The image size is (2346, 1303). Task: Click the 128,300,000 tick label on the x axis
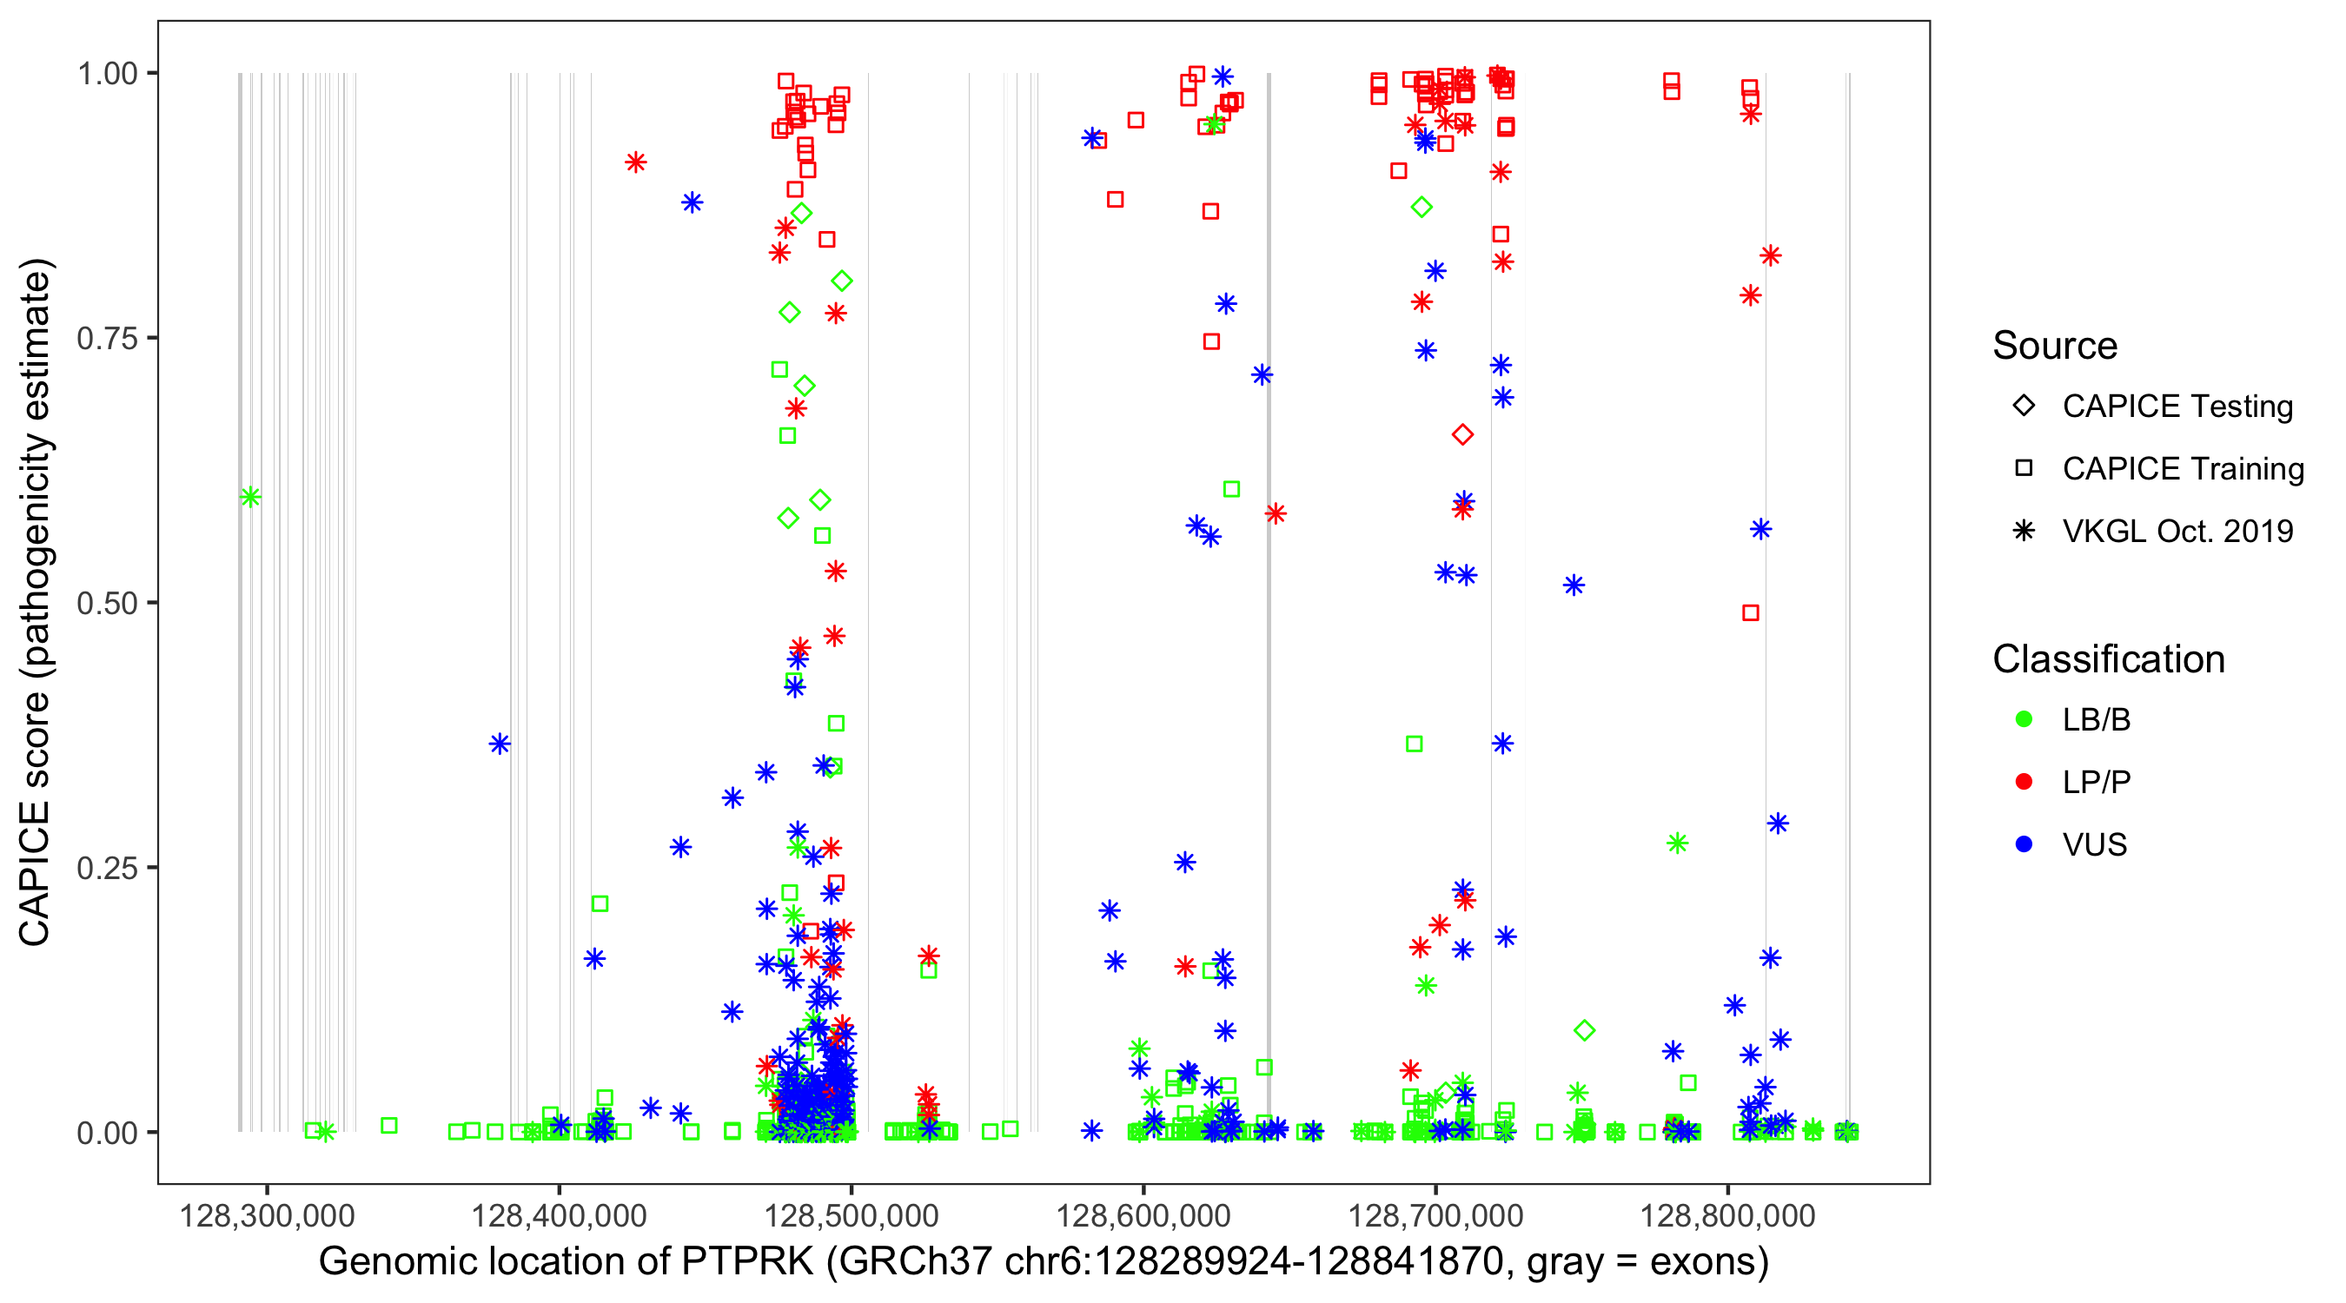[267, 1215]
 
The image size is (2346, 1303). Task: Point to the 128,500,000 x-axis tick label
[851, 1215]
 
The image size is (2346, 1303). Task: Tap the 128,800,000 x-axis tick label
[1727, 1215]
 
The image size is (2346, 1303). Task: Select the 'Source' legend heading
[2055, 346]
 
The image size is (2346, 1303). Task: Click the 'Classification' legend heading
[2108, 659]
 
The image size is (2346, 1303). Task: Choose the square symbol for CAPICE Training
[2024, 469]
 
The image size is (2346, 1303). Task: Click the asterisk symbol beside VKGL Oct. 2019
[2024, 531]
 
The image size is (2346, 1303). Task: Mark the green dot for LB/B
[2024, 719]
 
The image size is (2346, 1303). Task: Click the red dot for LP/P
[2024, 782]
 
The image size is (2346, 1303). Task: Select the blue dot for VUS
[2024, 844]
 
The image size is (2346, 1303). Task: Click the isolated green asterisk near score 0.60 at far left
[250, 497]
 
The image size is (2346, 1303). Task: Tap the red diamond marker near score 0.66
[1462, 435]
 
